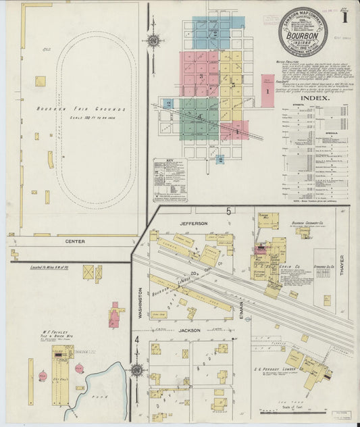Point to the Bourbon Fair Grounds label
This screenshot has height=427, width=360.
coord(91,109)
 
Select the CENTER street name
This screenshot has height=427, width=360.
coord(75,241)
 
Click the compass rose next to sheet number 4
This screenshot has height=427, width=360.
coord(137,370)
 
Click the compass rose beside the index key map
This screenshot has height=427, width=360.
coord(153,41)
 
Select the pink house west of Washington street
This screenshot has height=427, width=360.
coord(116,316)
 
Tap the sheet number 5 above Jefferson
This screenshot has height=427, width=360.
coord(229,211)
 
